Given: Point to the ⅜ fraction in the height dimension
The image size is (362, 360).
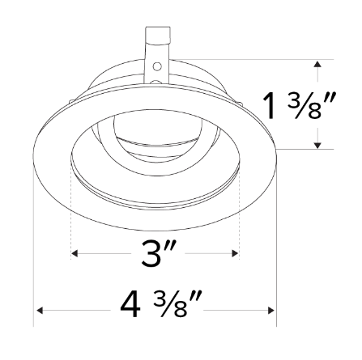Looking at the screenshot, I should (x=299, y=105).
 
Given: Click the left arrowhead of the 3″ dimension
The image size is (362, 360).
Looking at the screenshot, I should (x=75, y=254).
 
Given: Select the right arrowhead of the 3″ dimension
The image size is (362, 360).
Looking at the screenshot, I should (x=236, y=254).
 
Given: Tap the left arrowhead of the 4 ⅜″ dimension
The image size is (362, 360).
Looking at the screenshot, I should (x=37, y=310).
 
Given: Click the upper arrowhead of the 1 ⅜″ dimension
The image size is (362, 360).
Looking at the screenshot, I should (x=317, y=61).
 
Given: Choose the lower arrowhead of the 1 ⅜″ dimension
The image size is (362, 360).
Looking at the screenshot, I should (x=317, y=145).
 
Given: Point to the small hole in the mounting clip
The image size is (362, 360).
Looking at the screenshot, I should (x=157, y=63).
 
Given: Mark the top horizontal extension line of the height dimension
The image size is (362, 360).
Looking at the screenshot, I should (x=243, y=58).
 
